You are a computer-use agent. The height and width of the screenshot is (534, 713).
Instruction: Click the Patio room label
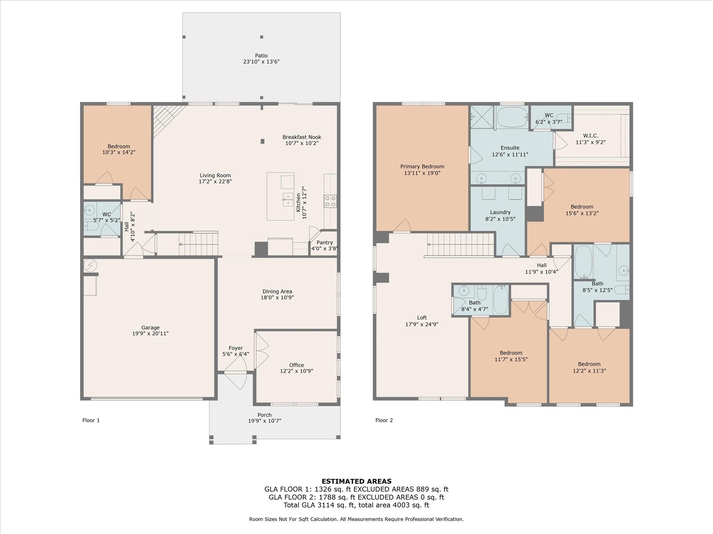click(261, 56)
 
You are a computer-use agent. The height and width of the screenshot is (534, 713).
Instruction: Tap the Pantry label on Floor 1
click(324, 243)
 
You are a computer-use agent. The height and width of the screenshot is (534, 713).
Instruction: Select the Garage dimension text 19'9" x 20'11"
click(150, 333)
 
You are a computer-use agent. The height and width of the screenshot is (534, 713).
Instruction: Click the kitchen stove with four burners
click(330, 201)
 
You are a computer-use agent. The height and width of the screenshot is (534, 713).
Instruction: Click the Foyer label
click(236, 348)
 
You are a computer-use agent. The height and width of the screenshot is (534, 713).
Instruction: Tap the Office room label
click(296, 365)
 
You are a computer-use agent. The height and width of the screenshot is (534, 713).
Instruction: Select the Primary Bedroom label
click(422, 167)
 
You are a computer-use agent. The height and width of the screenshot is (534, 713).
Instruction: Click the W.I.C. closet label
click(590, 136)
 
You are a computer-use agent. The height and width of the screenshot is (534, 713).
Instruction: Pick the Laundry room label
click(500, 212)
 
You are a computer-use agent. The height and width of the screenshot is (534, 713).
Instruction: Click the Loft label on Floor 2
click(422, 318)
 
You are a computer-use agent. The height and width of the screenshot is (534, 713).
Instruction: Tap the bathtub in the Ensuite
click(512, 118)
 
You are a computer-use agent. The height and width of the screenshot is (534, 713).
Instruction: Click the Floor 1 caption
click(91, 420)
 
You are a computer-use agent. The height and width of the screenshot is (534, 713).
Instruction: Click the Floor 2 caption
click(384, 420)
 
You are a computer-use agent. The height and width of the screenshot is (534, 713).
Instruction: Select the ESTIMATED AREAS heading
click(356, 482)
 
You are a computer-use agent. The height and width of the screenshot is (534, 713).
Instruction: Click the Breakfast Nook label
click(301, 137)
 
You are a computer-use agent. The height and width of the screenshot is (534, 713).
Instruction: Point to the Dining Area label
click(277, 292)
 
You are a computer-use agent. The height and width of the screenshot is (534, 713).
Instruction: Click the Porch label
click(264, 415)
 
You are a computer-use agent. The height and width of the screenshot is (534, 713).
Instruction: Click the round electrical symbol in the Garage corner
click(90, 266)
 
